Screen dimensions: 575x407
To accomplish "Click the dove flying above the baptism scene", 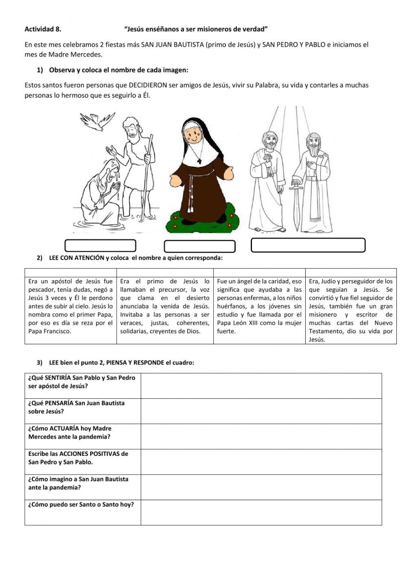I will (x=97, y=121).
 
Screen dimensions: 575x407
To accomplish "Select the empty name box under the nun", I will (x=199, y=246).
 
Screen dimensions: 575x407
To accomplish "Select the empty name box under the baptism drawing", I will (x=100, y=246).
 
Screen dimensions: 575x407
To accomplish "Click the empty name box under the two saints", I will (x=308, y=245).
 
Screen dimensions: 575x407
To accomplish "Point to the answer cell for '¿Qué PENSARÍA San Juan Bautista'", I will (x=261, y=411).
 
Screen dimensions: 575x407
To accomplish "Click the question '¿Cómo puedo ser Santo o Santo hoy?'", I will (x=81, y=505).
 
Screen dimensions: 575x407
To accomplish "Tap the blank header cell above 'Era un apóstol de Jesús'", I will (x=71, y=272).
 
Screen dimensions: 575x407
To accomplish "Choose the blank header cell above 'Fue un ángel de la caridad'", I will (x=259, y=272).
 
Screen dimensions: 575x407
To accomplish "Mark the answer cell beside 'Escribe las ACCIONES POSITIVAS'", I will (x=261, y=461).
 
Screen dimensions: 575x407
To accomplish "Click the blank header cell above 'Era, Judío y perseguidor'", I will (x=351, y=272).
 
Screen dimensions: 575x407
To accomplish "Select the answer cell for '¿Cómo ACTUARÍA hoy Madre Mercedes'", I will (x=261, y=436).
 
